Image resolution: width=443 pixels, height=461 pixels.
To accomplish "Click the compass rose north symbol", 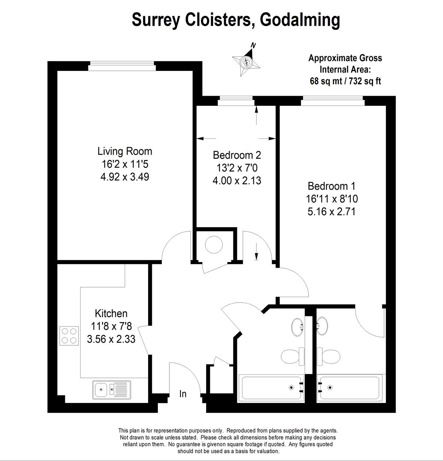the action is tap(246, 61).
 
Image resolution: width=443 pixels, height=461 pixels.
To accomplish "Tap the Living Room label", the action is tap(125, 152).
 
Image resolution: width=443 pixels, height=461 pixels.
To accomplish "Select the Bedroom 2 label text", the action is tap(237, 155).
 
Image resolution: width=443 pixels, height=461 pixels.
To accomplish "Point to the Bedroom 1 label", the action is tap(332, 186).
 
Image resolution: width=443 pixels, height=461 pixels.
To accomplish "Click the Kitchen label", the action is tap(111, 313).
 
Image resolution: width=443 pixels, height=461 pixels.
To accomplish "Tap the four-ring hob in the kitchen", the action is tap(69, 336).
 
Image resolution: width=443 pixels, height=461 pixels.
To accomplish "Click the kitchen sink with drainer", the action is tap(112, 390).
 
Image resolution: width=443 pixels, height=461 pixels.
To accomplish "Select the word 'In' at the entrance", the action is tap(183, 394).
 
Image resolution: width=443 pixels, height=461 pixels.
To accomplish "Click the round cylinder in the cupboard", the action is tap(214, 245).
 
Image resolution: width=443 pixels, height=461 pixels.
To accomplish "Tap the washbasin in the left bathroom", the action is tap(297, 327).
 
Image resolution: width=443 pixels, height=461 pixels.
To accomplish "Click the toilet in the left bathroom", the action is tap(292, 356).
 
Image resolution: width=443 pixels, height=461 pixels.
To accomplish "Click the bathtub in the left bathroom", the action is tap(271, 388).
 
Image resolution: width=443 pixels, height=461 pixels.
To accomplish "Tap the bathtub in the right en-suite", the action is tap(350, 388).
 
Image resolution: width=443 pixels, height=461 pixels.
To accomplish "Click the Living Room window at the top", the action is tap(122, 66).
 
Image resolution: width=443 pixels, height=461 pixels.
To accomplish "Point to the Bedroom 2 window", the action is tap(236, 101).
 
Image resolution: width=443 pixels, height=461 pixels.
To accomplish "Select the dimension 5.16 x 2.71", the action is tap(332, 212).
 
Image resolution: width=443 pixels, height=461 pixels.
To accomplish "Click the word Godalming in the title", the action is tap(300, 20).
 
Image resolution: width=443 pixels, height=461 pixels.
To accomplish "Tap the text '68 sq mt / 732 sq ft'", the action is tap(345, 81).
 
